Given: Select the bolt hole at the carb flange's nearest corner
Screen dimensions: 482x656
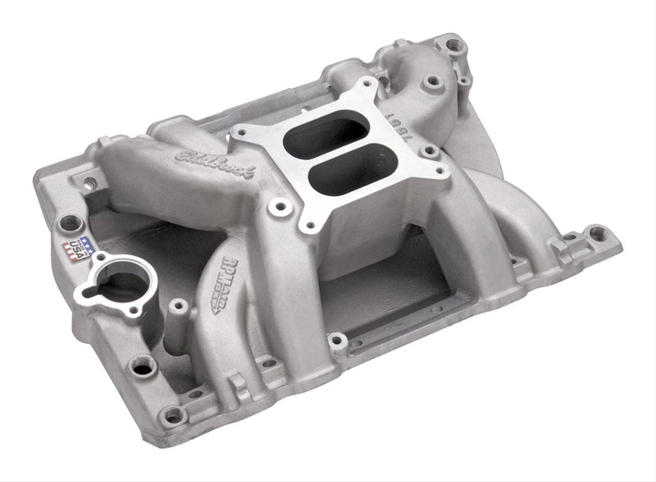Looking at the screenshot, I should pyautogui.click(x=309, y=224).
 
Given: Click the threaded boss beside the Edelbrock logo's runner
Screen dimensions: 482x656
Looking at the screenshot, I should pyautogui.click(x=280, y=207).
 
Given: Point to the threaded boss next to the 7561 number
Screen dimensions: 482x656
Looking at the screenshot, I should pyautogui.click(x=429, y=152).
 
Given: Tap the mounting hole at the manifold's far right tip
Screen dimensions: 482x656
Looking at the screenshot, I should pyautogui.click(x=597, y=234).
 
